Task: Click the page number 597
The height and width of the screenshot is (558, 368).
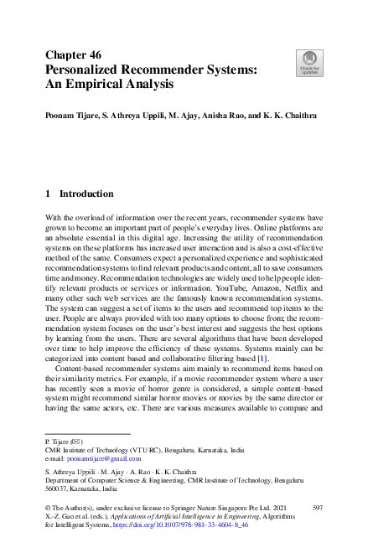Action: pyautogui.click(x=317, y=509)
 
